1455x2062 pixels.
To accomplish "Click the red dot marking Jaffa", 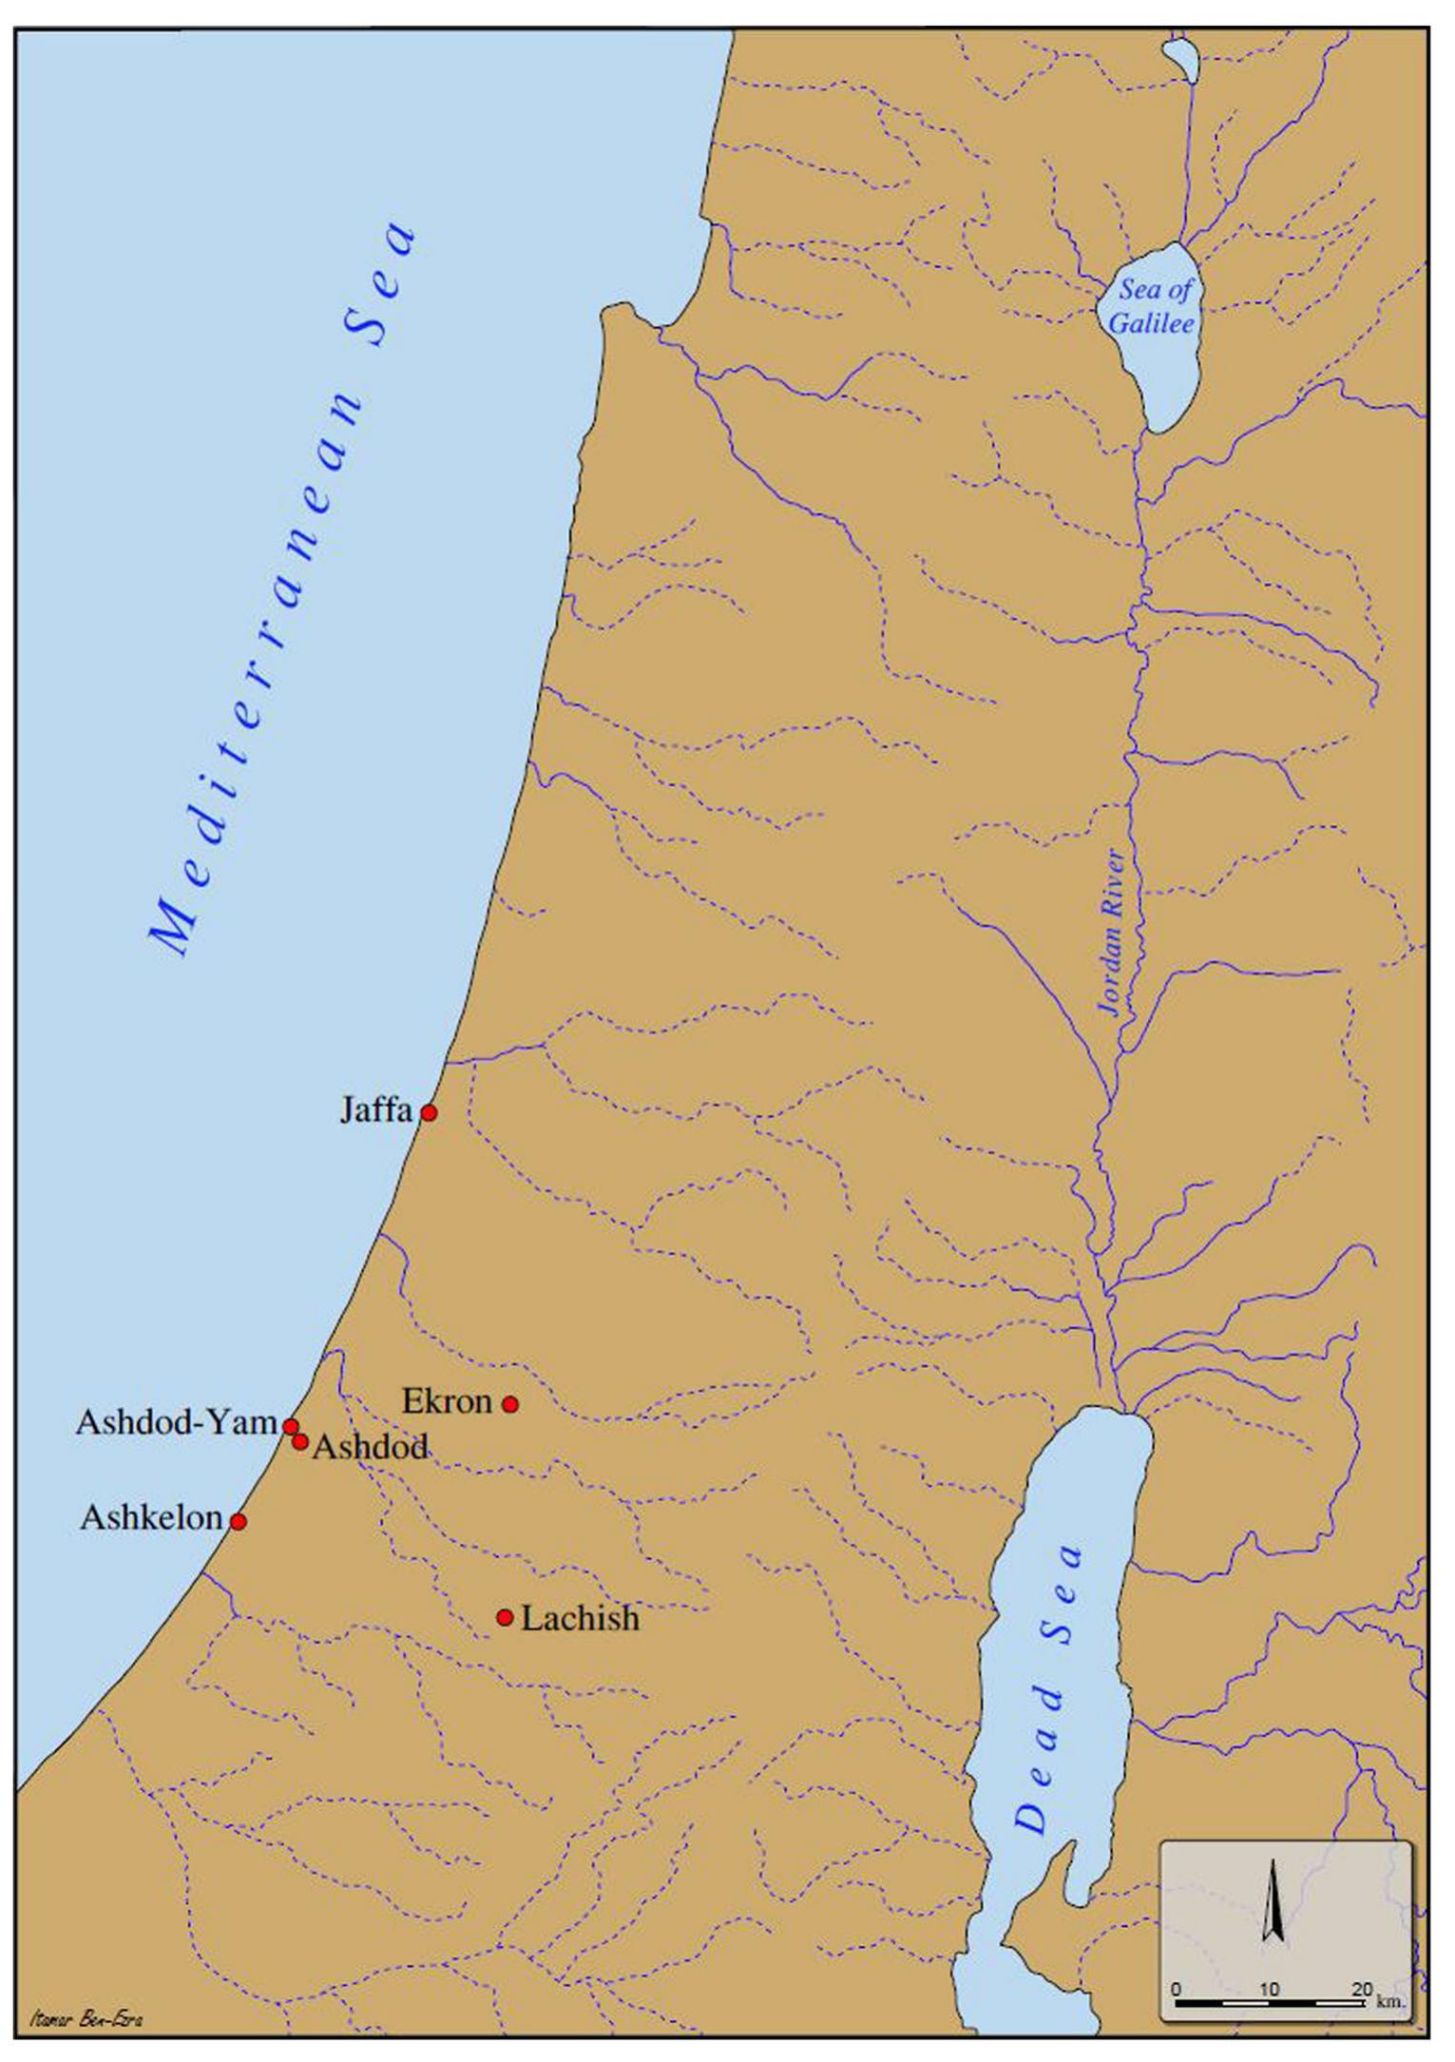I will (x=429, y=1112).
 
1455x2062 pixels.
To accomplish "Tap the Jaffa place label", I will (x=376, y=1110).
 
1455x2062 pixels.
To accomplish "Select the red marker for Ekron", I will (x=509, y=1404).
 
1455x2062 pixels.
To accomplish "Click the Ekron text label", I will (x=447, y=1401).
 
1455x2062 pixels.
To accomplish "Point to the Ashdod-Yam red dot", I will (x=291, y=1426).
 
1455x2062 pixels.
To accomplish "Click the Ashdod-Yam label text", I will (x=177, y=1423).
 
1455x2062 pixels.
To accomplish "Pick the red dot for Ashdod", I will (x=300, y=1442).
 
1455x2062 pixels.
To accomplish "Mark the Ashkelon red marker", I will (x=239, y=1521).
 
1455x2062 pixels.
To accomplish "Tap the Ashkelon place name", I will (x=151, y=1518).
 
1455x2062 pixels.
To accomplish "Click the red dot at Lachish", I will (x=505, y=1617).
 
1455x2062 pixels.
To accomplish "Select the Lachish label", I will (x=580, y=1618).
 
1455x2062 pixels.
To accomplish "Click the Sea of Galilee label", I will (x=1152, y=306).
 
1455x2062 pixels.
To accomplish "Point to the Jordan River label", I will (x=1113, y=933).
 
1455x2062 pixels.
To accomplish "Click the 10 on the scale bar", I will (x=1269, y=1989).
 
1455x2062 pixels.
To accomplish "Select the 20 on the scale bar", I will (x=1362, y=1989).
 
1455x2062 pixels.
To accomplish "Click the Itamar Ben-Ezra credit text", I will (x=86, y=2018).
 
